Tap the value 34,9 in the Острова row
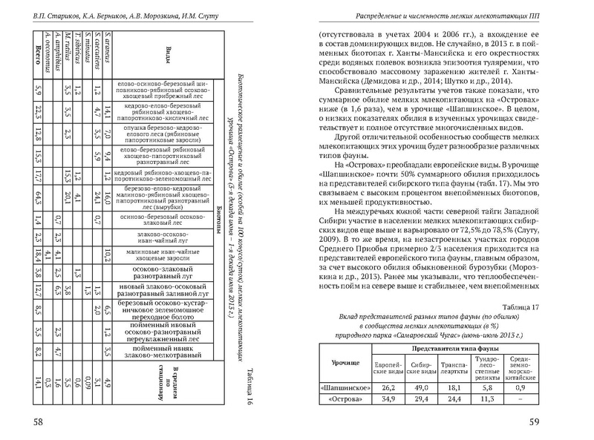click(390, 400)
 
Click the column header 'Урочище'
click(343, 363)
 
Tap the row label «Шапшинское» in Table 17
click(342, 386)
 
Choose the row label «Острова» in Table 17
click(342, 400)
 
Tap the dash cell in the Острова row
click(520, 400)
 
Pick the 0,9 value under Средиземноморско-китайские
click(520, 386)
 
